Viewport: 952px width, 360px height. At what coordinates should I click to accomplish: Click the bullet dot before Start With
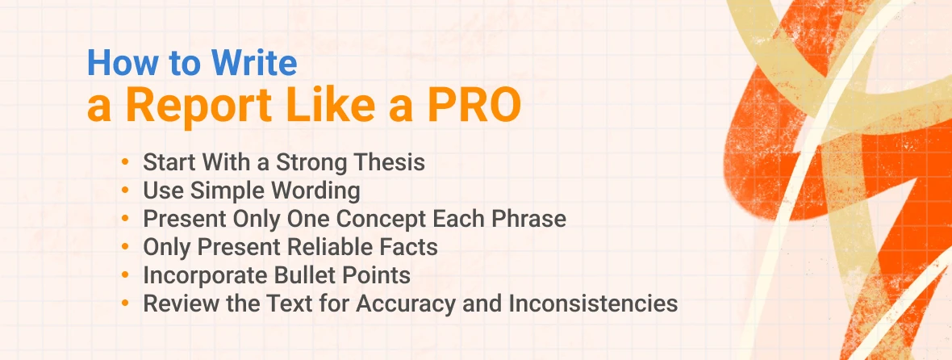pyautogui.click(x=125, y=162)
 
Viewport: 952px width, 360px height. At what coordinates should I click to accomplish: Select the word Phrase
pyautogui.click(x=524, y=219)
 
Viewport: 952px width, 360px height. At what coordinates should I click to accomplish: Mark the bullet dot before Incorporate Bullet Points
pyautogui.click(x=125, y=275)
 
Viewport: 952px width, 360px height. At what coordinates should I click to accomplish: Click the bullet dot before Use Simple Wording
pyautogui.click(x=125, y=190)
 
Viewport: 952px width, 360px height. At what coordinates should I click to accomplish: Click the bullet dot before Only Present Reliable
pyautogui.click(x=125, y=247)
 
